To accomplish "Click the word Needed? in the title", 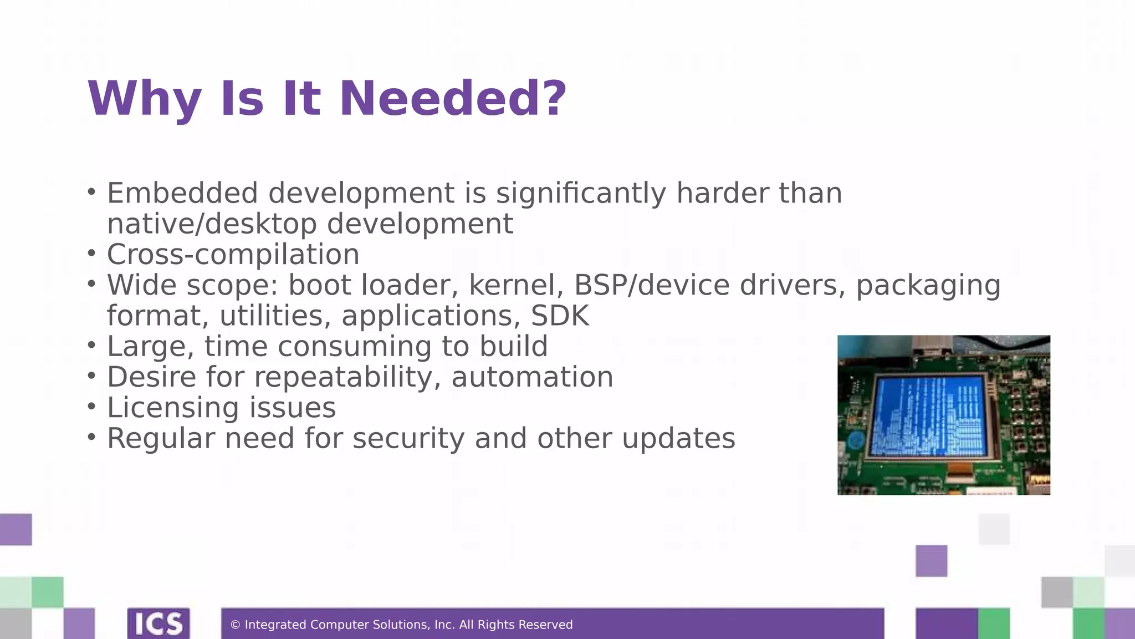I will point(453,99).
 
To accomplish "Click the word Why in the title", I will point(144,99).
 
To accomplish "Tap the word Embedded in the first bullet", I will point(182,194).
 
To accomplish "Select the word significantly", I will point(581,194).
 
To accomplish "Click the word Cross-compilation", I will point(233,255).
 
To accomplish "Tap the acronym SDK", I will point(560,316).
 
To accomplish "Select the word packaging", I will point(928,285).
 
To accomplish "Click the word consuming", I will point(354,347).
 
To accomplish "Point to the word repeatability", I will point(347,377).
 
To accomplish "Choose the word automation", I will point(532,377).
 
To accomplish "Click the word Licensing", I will point(173,408).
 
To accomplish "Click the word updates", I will point(678,438).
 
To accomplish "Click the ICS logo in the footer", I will point(159,623).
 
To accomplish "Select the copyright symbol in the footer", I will point(235,625).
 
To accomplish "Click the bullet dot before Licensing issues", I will point(91,407).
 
